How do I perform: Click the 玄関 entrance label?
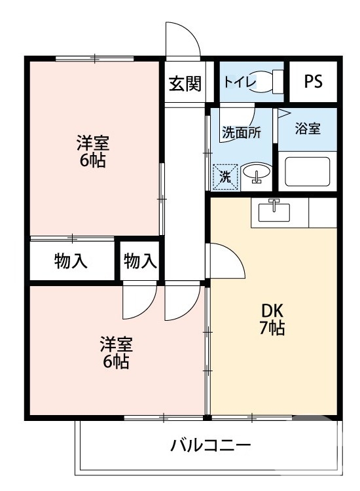click(185, 84)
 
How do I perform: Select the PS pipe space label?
click(313, 82)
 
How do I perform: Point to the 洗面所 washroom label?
click(241, 132)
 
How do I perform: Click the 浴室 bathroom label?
click(308, 128)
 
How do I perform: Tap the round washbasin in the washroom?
click(257, 175)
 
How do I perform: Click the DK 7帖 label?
click(271, 320)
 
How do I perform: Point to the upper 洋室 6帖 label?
click(93, 151)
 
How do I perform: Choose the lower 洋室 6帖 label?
click(116, 352)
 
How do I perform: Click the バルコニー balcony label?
click(211, 446)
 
